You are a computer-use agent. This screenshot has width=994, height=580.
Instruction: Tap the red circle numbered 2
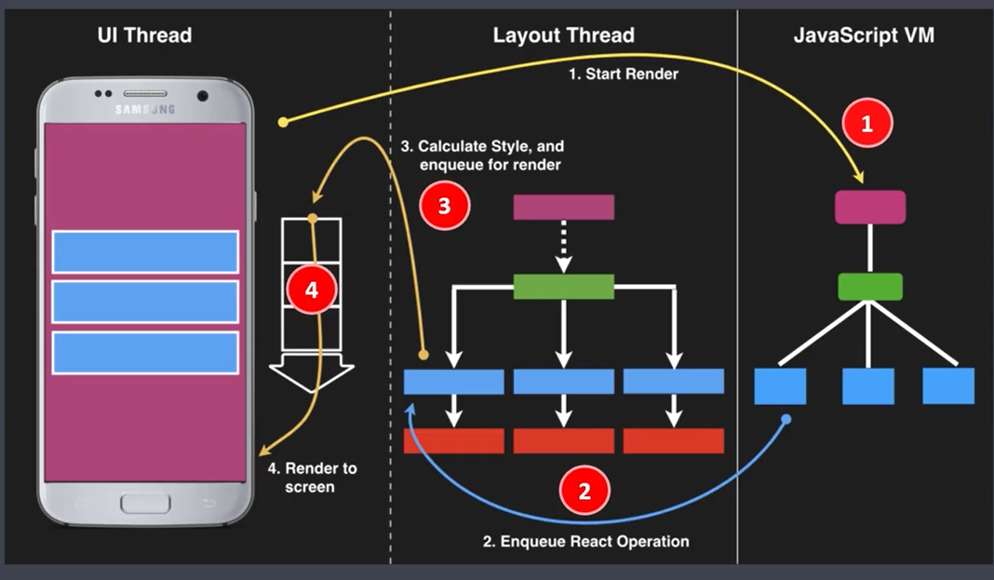(x=584, y=491)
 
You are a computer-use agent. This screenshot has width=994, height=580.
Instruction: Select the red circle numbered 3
(x=444, y=206)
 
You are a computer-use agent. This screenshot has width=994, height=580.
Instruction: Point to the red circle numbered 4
(x=311, y=290)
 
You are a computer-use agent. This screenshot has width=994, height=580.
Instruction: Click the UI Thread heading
(x=144, y=35)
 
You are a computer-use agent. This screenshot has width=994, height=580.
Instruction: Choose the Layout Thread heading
(x=563, y=35)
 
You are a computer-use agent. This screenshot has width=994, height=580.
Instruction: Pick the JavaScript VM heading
(x=864, y=35)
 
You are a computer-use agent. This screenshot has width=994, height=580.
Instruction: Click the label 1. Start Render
(x=624, y=74)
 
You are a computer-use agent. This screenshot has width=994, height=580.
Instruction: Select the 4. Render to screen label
(x=320, y=477)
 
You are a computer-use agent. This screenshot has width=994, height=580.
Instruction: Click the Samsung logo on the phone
(x=144, y=110)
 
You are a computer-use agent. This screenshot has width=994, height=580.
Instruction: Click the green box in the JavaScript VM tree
(x=869, y=287)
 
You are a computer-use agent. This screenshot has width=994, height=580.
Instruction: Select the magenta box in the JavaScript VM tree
(x=869, y=207)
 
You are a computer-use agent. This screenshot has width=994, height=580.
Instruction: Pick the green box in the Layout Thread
(x=563, y=287)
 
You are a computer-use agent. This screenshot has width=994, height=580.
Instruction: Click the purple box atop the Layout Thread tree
(x=563, y=207)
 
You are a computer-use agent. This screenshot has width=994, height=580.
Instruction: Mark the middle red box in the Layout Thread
(x=563, y=441)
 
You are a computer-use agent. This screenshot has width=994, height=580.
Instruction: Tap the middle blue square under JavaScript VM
(x=867, y=385)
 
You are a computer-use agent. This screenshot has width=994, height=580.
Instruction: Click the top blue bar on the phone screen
(x=145, y=251)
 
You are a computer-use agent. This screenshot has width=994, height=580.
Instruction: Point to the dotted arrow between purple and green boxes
(x=563, y=247)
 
